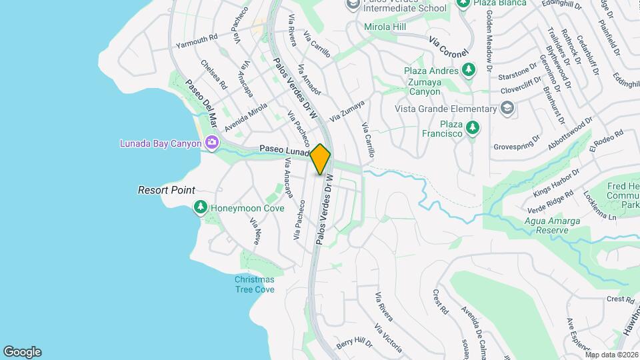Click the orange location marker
321,159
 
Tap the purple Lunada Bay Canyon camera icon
212,142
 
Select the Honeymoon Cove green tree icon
200,208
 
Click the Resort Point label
166,190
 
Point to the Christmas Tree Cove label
254,285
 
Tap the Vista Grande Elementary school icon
507,109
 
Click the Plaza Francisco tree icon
473,126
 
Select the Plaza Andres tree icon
469,70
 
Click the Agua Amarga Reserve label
545,225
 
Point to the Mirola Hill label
385,27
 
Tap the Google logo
22,352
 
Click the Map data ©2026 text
611,355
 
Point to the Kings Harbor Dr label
557,182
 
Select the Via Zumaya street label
346,111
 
